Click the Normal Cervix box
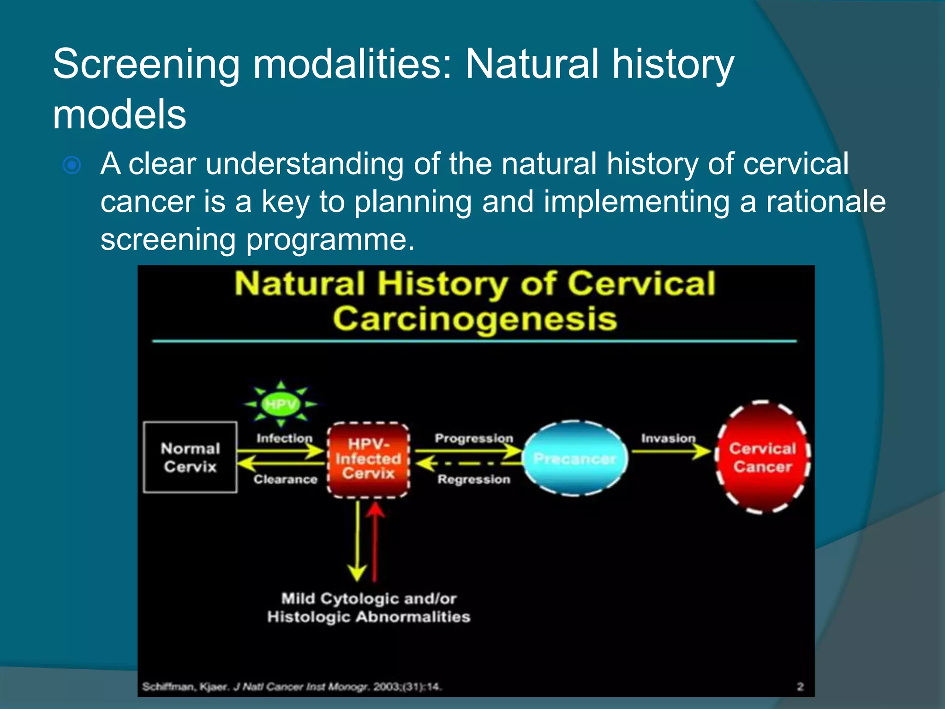[x=190, y=457]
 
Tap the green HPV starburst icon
[x=281, y=404]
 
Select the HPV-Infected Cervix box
[x=368, y=459]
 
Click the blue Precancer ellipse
[x=575, y=458]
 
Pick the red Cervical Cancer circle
[x=762, y=457]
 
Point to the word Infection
[x=284, y=438]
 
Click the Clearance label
[x=285, y=480]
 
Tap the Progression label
[x=474, y=438]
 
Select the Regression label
[x=474, y=480]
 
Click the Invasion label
[x=668, y=438]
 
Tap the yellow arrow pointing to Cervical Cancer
[x=671, y=451]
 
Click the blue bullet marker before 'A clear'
[x=72, y=165]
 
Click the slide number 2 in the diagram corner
[x=800, y=687]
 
